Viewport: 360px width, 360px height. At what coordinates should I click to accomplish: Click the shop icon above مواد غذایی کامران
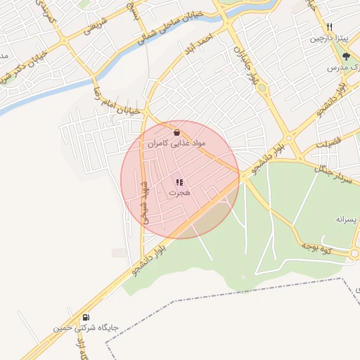[x=176, y=131]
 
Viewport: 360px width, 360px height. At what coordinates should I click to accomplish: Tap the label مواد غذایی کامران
[x=176, y=143]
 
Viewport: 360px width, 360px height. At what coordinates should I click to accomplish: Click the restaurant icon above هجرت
[x=179, y=183]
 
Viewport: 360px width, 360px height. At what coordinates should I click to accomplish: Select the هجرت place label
[x=180, y=192]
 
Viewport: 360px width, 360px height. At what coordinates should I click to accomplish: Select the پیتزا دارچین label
[x=328, y=38]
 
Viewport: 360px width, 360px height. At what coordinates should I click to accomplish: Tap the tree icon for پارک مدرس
[x=345, y=56]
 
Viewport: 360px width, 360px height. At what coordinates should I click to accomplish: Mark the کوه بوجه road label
[x=316, y=246]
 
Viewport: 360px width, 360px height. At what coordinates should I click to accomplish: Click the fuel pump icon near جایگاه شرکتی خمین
[x=86, y=317]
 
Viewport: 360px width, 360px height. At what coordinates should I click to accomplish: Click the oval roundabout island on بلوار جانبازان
[x=262, y=88]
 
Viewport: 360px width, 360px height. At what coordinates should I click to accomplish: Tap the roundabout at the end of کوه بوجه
[x=355, y=253]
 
